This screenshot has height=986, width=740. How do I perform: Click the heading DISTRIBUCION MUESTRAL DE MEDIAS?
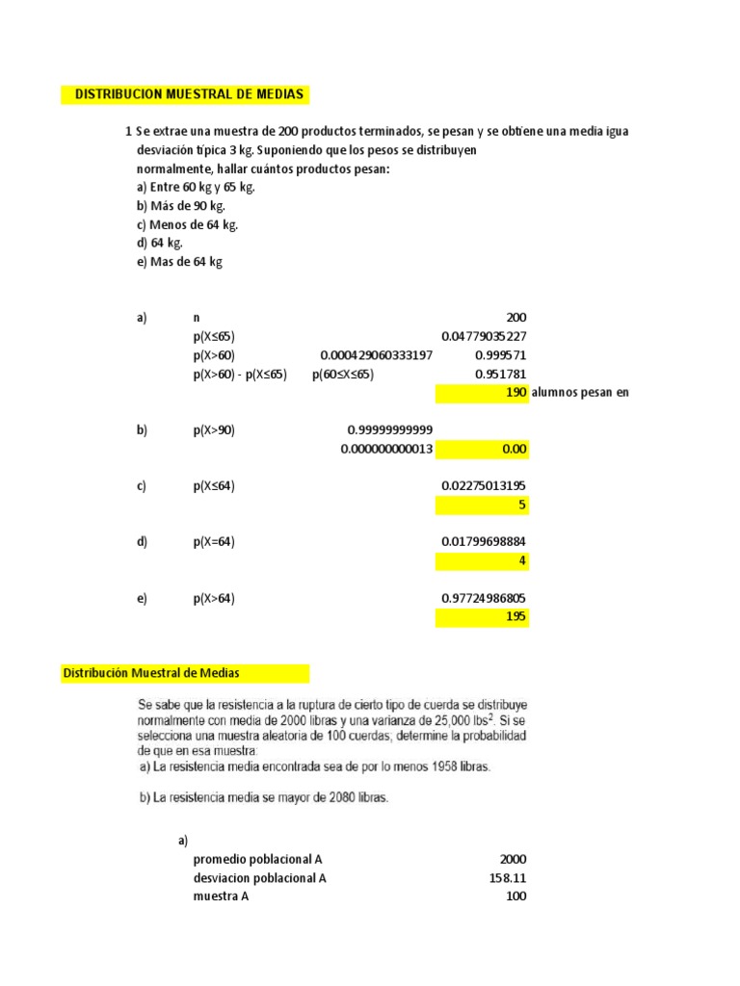point(189,94)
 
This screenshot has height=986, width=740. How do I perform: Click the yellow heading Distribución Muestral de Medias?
point(151,673)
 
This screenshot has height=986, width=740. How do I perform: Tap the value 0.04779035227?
point(484,337)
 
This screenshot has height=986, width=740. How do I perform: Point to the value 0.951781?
point(501,375)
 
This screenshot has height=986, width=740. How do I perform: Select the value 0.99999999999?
point(389,430)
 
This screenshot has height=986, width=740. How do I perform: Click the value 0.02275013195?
point(484,486)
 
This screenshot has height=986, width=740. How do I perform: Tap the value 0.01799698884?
point(484,542)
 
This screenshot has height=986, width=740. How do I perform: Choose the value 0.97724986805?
point(484,599)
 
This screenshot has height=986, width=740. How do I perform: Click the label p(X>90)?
point(214,430)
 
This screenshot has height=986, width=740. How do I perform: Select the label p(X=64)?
point(214,542)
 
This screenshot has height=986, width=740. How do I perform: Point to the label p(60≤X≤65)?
point(343,375)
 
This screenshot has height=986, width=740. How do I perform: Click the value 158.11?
point(508,878)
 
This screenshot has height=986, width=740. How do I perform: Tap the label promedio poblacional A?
point(260,860)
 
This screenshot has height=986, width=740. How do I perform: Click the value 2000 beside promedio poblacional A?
point(513,860)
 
